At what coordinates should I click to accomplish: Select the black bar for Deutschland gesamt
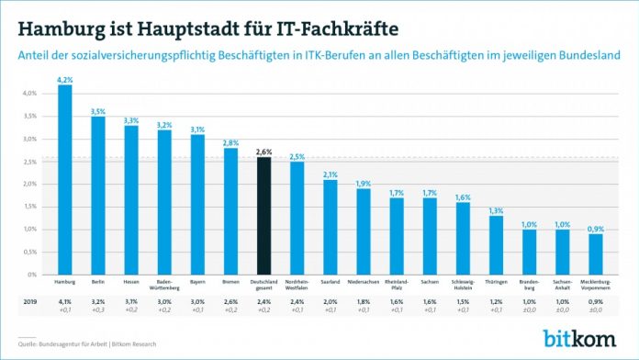point(263,216)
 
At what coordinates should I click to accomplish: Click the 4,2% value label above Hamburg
point(64,80)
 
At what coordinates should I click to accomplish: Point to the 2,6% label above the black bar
point(263,152)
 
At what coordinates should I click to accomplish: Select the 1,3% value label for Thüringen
point(496,210)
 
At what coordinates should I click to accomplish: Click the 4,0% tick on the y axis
point(28,94)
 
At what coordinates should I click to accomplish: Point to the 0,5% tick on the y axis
point(28,252)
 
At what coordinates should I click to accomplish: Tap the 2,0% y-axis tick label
point(28,184)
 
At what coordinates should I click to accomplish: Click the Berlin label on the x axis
point(97,281)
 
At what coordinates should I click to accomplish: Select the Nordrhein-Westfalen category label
point(297,284)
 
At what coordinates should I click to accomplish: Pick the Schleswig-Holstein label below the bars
point(463,284)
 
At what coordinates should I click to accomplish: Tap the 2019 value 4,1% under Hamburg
point(64,300)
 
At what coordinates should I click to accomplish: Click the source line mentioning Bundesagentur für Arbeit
point(83,344)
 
